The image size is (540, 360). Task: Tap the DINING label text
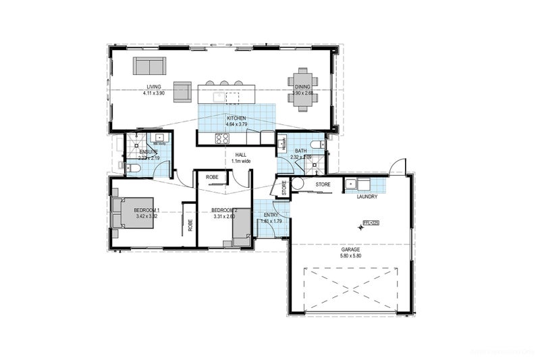[x=302, y=86]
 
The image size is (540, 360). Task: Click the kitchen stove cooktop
[x=222, y=138]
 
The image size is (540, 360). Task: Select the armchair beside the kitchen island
[x=182, y=91]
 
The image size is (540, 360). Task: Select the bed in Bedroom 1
[x=136, y=213]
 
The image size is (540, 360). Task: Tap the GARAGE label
[x=350, y=249]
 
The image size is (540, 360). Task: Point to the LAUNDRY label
[x=367, y=197]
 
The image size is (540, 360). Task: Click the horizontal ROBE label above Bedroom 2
[x=212, y=177]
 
